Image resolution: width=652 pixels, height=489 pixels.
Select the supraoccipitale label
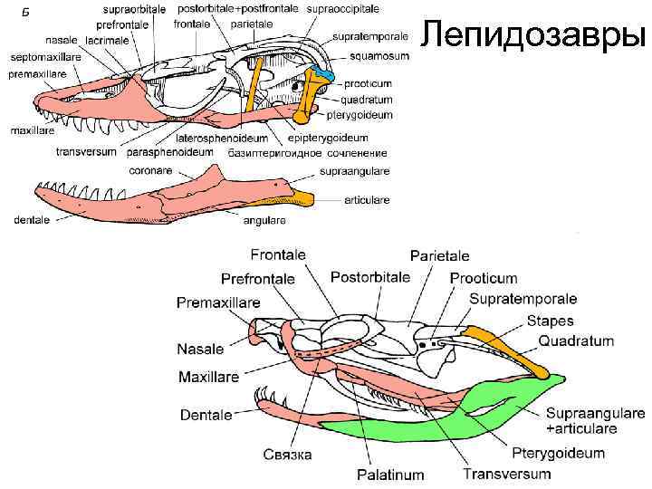[344, 8]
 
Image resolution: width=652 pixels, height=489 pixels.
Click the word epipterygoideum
[328, 138]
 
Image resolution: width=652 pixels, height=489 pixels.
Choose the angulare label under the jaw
[264, 220]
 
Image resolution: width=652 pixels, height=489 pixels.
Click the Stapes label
[550, 321]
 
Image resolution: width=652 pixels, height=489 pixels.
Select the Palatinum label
[389, 474]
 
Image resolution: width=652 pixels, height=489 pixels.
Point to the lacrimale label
[108, 41]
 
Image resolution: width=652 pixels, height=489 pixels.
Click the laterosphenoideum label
[222, 138]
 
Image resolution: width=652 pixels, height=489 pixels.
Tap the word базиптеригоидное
[281, 152]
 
